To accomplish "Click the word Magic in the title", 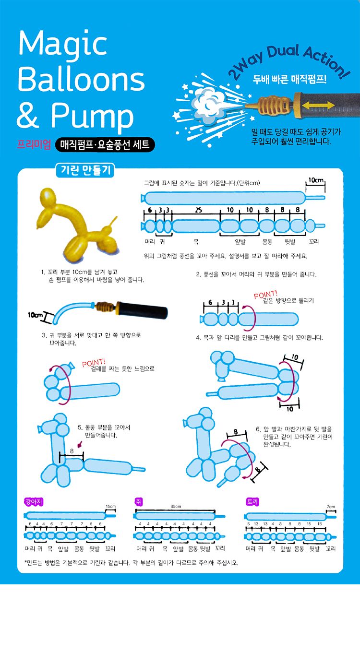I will tap(62, 44).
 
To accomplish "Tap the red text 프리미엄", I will tap(34, 144).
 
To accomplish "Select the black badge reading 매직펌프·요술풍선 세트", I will tap(105, 144).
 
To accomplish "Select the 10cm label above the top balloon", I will tap(316, 181).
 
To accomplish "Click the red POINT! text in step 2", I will tap(265, 295).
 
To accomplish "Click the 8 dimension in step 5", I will tap(72, 451).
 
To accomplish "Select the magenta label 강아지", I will tap(34, 501).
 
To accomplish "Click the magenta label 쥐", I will tap(139, 501).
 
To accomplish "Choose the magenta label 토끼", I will tap(252, 501).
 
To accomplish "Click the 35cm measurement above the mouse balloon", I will tap(176, 507).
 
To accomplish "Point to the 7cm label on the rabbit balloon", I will tap(331, 507).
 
